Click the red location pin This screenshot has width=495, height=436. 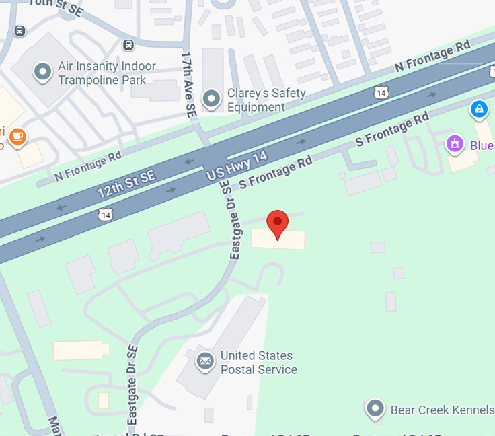point(278,223)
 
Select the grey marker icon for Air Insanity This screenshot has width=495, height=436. point(43,71)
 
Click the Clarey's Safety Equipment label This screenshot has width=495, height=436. point(266,100)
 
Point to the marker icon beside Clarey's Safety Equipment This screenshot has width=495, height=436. point(213,100)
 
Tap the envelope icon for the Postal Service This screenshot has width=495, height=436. point(205,362)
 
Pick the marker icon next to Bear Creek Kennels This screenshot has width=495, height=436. point(375,408)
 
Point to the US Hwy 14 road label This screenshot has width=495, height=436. point(237,166)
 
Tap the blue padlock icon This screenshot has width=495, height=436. point(479,108)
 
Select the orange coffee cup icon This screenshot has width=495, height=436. point(17,137)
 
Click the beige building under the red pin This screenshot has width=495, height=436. point(278,240)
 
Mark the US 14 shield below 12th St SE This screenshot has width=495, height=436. point(104,215)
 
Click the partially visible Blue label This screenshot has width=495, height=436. point(482,146)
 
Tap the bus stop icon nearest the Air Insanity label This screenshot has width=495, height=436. point(128,45)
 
